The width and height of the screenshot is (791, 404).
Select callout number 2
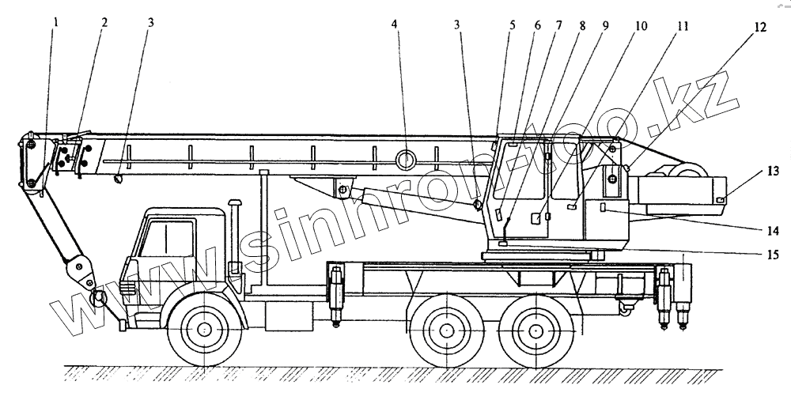click(x=104, y=21)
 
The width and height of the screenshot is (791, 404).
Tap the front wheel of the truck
click(x=205, y=328)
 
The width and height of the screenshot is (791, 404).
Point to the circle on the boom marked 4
click(x=407, y=160)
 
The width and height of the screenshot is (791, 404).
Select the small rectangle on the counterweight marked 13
click(x=721, y=199)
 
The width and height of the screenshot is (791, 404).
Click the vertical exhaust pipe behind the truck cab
click(x=234, y=229)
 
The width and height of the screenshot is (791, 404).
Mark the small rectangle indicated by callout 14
click(x=604, y=207)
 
